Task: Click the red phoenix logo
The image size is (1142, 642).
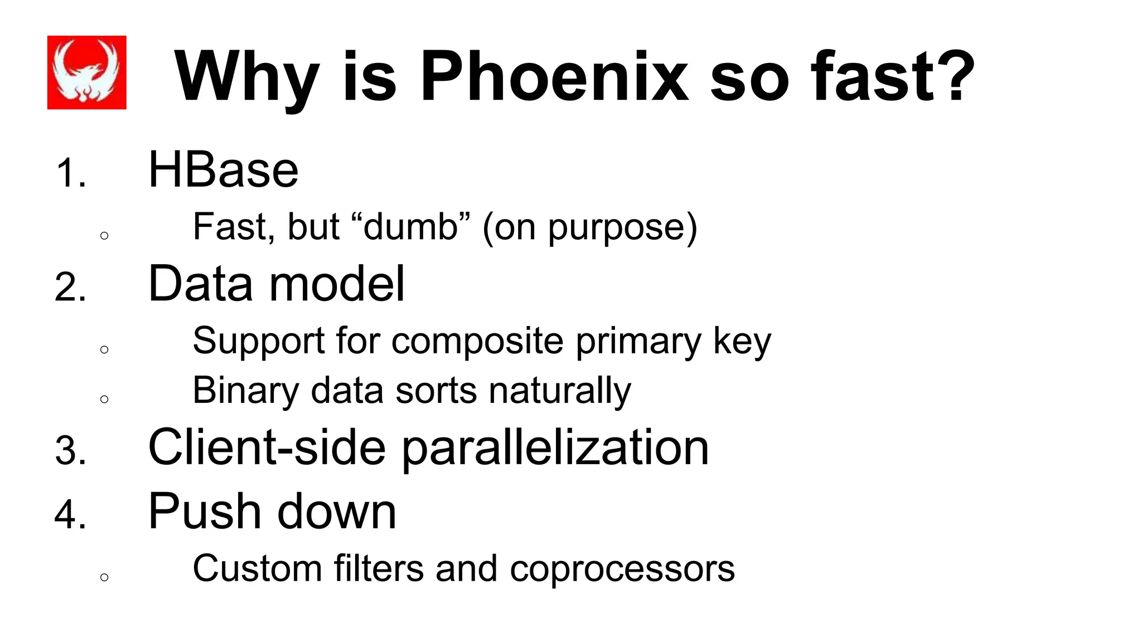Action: coord(86,72)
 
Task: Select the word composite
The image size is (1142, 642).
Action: coord(477,341)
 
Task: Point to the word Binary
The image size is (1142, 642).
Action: coord(246,391)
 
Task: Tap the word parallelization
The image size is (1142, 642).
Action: coord(555,449)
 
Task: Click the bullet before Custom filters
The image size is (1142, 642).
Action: coord(104,577)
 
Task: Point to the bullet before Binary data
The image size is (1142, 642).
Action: coord(104,399)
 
